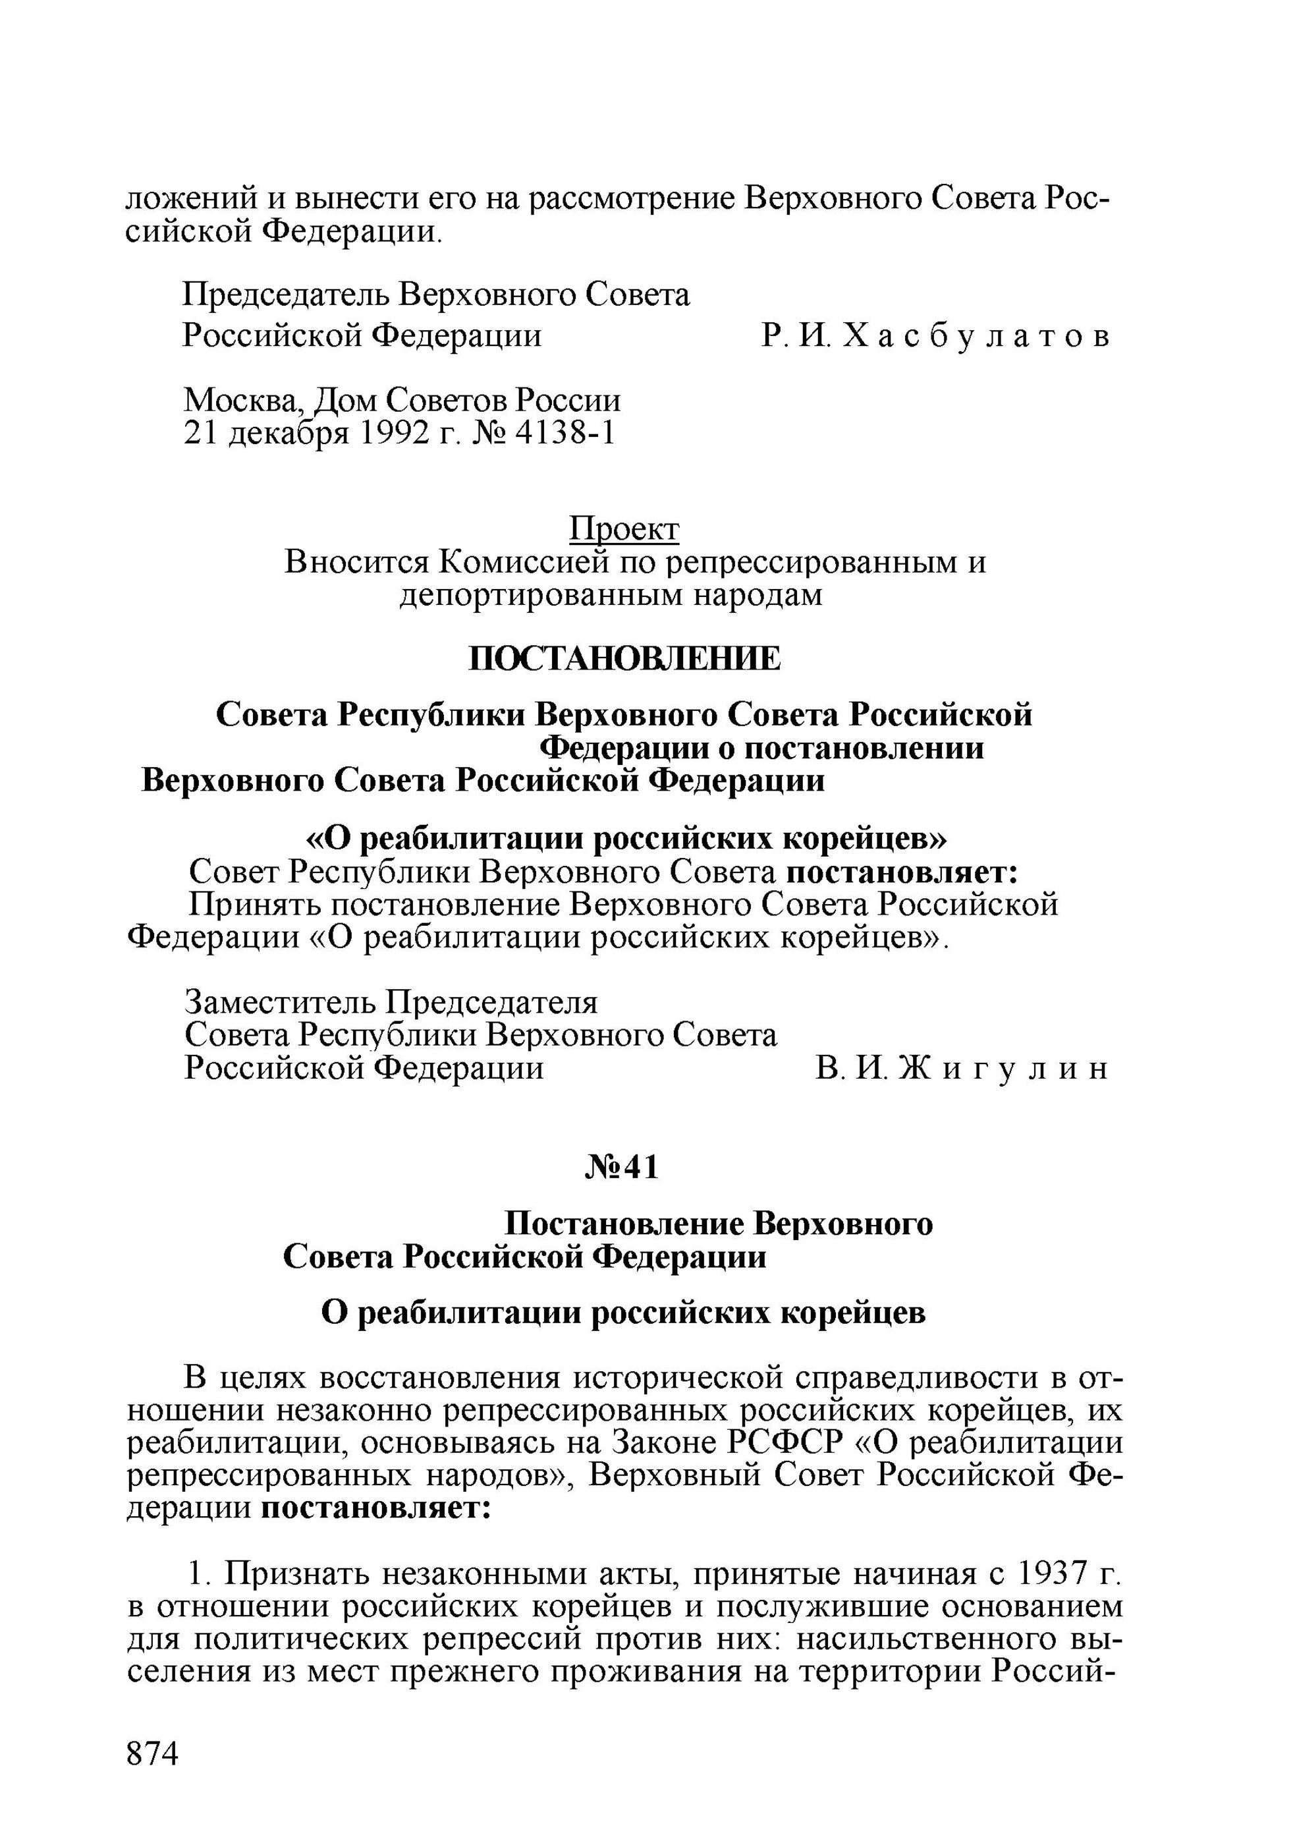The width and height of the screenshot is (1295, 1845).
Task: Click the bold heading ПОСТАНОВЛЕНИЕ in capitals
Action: (624, 659)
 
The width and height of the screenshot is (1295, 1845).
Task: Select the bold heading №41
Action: (622, 1168)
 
